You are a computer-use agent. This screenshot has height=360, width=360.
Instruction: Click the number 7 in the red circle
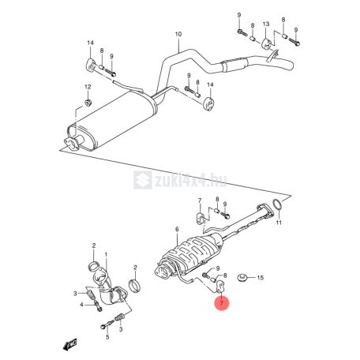click(x=221, y=303)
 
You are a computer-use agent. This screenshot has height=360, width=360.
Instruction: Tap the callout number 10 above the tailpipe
click(x=178, y=34)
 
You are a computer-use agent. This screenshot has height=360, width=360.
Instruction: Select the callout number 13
click(x=266, y=24)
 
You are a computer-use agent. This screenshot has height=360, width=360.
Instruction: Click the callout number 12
click(x=88, y=87)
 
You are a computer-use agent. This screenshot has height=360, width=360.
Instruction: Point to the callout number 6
click(x=177, y=230)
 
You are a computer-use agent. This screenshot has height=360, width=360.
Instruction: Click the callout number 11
click(x=279, y=223)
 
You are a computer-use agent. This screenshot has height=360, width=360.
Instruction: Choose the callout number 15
click(x=260, y=278)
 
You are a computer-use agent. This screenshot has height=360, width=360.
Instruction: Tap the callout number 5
click(x=107, y=336)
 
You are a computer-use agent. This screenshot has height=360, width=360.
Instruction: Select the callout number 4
click(x=81, y=305)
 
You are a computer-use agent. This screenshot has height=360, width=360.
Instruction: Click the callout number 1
click(x=106, y=254)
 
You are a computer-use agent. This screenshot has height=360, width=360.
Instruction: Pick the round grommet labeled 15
click(x=242, y=277)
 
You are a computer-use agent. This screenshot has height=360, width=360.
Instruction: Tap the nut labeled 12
click(x=88, y=103)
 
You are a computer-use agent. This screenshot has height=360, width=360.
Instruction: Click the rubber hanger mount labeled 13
click(x=267, y=44)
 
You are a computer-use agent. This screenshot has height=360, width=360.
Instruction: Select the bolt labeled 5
click(x=107, y=324)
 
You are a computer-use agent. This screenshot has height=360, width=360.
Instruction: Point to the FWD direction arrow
click(x=69, y=344)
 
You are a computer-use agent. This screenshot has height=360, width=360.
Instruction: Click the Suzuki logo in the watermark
click(x=143, y=180)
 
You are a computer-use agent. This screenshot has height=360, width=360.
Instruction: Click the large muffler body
click(x=112, y=120)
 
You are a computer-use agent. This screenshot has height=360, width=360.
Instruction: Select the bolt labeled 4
click(x=98, y=306)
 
